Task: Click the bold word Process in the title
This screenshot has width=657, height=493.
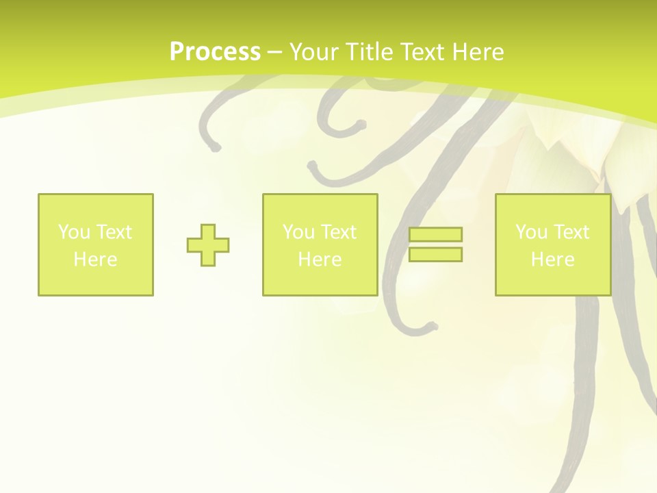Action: point(215,52)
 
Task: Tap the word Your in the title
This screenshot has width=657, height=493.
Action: point(313,52)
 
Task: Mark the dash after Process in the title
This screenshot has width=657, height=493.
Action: point(274,53)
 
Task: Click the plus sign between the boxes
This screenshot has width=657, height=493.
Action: point(208,245)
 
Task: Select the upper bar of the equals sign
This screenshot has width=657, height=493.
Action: point(435,235)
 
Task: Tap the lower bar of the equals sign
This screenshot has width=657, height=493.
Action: point(435,254)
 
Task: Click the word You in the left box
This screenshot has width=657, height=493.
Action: point(74,232)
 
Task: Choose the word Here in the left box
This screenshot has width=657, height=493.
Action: point(95,260)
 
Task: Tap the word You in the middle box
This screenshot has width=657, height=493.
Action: point(298,232)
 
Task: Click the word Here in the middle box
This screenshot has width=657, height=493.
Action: point(320,260)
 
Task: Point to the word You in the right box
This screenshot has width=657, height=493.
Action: point(531,232)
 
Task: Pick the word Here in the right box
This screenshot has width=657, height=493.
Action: point(552,260)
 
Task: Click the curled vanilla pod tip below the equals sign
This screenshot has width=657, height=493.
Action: point(430,327)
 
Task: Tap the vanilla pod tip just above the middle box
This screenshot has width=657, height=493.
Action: point(313,166)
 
